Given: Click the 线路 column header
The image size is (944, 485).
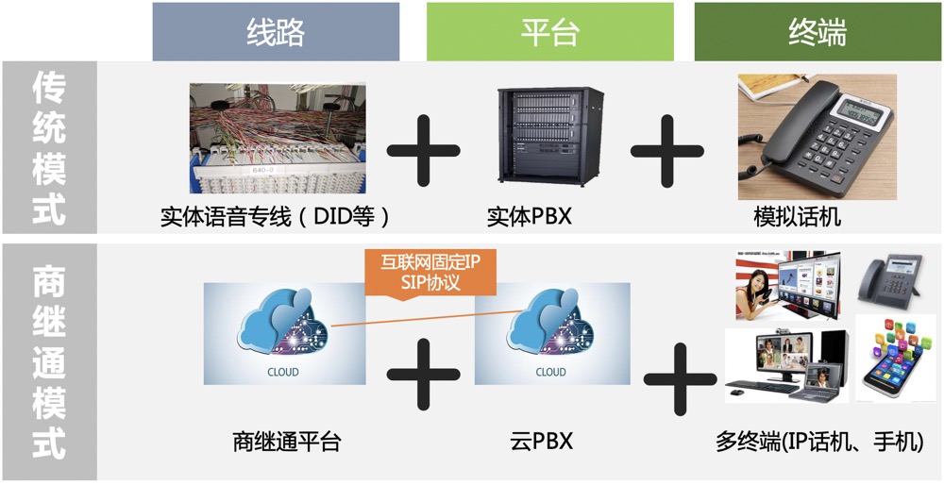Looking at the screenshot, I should [x=276, y=32].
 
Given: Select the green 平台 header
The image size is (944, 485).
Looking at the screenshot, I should [x=549, y=32].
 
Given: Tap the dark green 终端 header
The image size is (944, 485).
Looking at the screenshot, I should [x=817, y=32].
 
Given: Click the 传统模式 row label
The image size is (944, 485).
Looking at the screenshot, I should [x=49, y=148].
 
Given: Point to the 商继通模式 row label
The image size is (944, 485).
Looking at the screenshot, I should [x=49, y=362].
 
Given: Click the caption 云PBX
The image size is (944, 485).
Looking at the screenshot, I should [x=542, y=441].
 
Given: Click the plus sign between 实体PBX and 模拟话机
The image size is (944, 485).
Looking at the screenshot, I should [x=667, y=150].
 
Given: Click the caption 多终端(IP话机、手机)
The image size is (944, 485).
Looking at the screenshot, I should [x=818, y=441].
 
